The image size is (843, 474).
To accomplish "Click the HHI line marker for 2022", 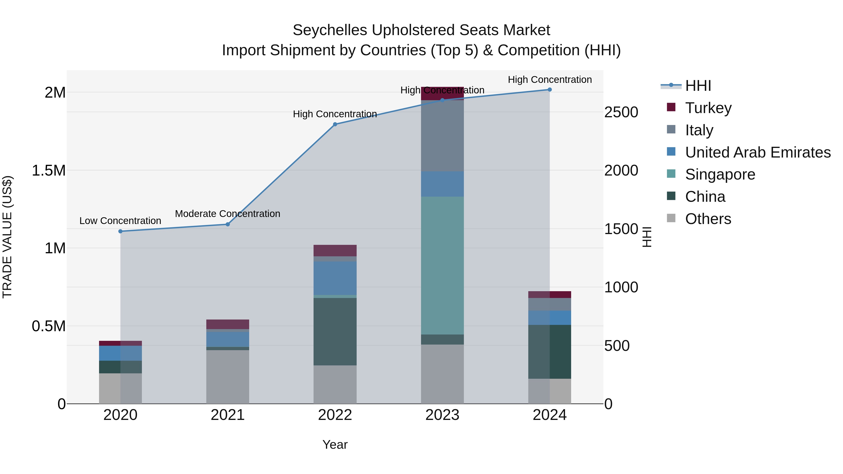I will (335, 124).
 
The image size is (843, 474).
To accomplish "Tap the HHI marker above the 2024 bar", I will (549, 90).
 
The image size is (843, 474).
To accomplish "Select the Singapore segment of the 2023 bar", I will (442, 265).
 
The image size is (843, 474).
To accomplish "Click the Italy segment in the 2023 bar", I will (442, 136).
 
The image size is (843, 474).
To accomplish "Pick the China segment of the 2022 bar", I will (335, 331).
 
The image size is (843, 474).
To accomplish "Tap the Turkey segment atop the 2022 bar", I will (335, 250).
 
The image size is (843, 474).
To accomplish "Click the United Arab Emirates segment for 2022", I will (335, 278).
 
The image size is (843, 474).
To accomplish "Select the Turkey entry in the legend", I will (708, 108).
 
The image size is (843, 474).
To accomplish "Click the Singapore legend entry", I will (720, 174).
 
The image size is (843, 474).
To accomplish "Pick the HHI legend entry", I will (698, 86).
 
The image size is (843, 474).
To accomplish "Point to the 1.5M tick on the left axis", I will (48, 170).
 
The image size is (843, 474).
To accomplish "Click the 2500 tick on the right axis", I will (621, 112).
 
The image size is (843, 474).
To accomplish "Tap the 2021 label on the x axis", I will (227, 415).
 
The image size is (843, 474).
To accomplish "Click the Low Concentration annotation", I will (120, 221).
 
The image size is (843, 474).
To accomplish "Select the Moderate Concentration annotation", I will (227, 214).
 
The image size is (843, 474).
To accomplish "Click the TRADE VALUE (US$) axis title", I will (7, 237).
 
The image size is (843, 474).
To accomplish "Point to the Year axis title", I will (335, 445).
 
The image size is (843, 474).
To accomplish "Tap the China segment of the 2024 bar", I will (549, 352).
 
